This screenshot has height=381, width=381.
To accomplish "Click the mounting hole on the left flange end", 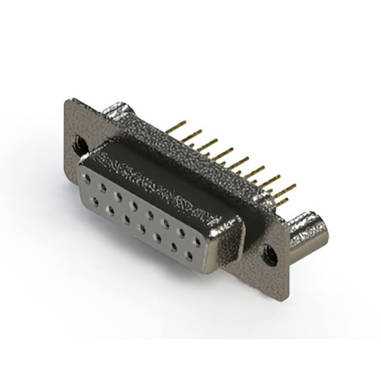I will point(79,143).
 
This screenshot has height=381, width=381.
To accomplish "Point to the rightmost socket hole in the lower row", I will point(189,256).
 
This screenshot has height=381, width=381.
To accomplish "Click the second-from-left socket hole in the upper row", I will point(104,186).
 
